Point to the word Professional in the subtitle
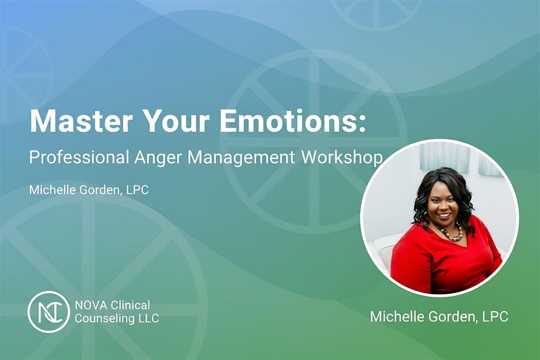(x=78, y=158)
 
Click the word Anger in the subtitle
(x=158, y=158)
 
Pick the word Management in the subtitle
(x=241, y=158)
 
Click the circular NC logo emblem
(x=49, y=311)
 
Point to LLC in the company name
(x=148, y=319)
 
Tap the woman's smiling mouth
(x=443, y=216)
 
